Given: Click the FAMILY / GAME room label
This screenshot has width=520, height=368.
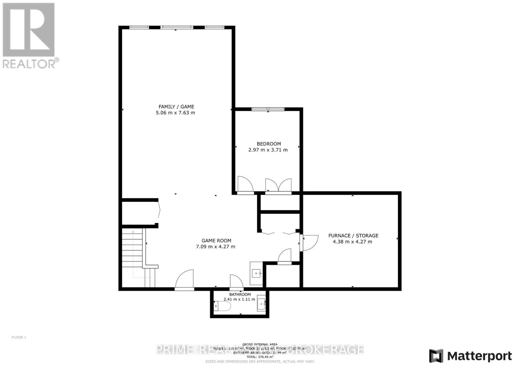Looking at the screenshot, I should pyautogui.click(x=176, y=107).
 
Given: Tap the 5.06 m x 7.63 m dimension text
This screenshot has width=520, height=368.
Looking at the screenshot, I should pyautogui.click(x=175, y=113).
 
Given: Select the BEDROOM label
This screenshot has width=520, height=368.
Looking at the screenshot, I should pyautogui.click(x=268, y=144).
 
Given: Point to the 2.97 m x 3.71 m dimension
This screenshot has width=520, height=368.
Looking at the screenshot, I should pyautogui.click(x=268, y=150).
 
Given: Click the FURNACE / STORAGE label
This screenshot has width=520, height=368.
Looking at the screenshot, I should pyautogui.click(x=353, y=235).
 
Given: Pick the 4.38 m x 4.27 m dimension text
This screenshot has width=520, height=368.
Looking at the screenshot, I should pyautogui.click(x=352, y=242).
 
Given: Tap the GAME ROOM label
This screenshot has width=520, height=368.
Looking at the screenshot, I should pyautogui.click(x=216, y=241).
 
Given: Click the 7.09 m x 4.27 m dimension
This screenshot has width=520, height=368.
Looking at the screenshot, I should pyautogui.click(x=215, y=247).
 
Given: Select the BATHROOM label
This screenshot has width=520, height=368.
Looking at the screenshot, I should pyautogui.click(x=240, y=295).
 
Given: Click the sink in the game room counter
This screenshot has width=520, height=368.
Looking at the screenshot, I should pyautogui.click(x=256, y=273).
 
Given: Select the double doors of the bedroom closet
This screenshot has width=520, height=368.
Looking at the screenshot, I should pyautogui.click(x=278, y=185).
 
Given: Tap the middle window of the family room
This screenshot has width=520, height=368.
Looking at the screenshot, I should pyautogui.click(x=176, y=27).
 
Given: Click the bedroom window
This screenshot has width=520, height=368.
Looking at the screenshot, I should pyautogui.click(x=268, y=109).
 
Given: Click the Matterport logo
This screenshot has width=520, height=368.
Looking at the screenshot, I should pyautogui.click(x=470, y=356).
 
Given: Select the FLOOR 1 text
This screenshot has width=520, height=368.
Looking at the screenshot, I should pyautogui.click(x=19, y=337).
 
